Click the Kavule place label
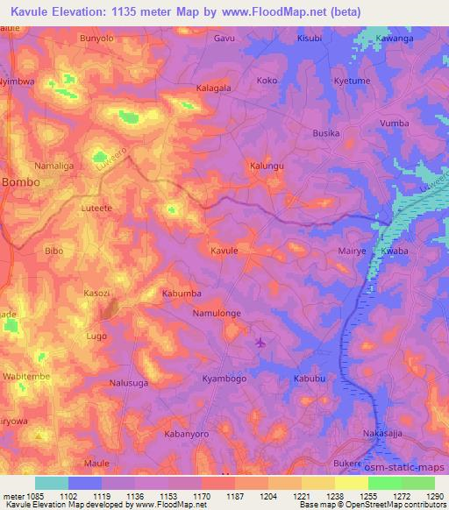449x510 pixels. coord(224,251)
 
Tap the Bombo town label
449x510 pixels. coord(20,181)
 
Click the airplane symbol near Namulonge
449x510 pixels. coord(260,341)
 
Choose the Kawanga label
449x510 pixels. coord(395,39)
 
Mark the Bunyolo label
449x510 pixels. coord(96,39)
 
